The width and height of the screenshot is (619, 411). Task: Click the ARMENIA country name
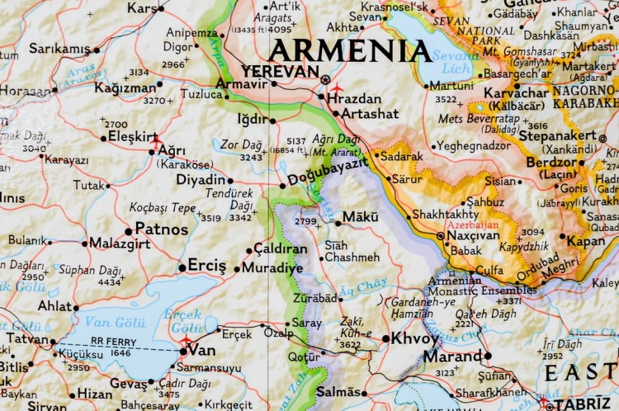351,50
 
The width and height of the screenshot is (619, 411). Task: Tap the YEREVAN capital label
280,72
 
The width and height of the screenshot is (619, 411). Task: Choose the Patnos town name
162,229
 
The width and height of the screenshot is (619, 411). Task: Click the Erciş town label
206,265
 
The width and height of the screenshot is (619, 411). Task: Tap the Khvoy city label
415,338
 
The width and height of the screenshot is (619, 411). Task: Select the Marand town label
452,357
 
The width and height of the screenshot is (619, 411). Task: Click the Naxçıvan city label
474,235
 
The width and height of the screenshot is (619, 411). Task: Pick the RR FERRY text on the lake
114,340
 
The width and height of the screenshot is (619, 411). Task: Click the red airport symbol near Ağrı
155,141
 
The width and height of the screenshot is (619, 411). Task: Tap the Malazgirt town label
118,243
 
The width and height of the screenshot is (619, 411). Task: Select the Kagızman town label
125,86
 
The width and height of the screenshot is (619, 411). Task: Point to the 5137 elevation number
295,140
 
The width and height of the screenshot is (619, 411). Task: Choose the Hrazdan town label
354,97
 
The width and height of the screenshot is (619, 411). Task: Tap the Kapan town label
586,240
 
